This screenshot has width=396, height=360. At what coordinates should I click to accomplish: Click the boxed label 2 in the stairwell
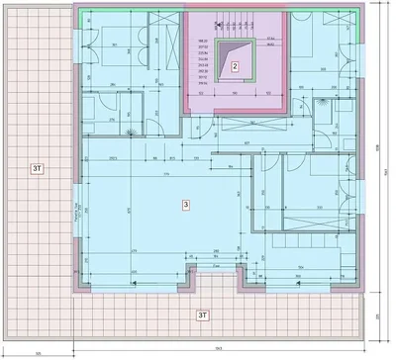click(x=236, y=67)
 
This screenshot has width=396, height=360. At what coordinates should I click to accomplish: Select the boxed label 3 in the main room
click(x=185, y=204)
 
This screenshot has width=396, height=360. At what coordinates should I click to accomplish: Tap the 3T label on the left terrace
click(x=38, y=170)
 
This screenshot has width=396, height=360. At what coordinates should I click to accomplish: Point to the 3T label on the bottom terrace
click(x=203, y=315)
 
